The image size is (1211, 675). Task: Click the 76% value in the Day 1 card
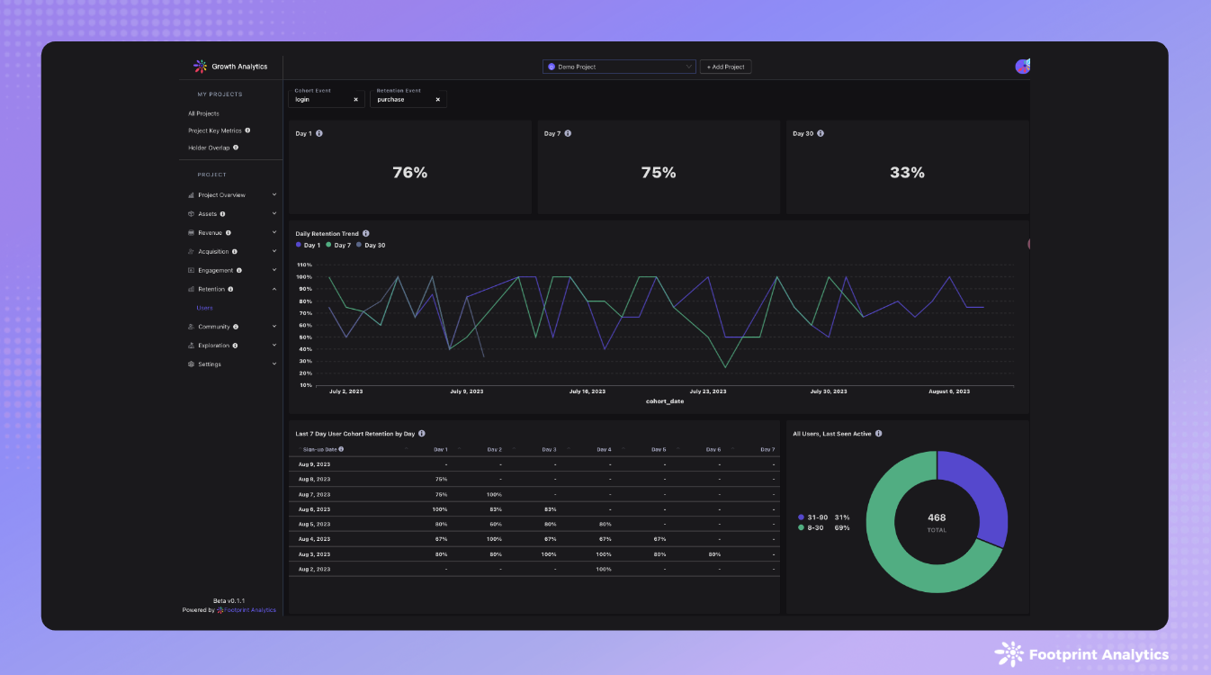[409, 173]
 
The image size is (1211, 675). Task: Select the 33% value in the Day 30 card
[906, 173]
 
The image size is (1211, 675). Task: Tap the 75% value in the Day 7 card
[658, 173]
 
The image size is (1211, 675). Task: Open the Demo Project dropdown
[619, 67]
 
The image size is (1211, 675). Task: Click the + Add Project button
[725, 67]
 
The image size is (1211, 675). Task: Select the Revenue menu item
[210, 232]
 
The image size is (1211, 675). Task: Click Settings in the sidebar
[210, 364]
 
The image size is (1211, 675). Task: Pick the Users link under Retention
[205, 308]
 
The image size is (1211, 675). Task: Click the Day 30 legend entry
[372, 246]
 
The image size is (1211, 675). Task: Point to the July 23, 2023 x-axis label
[707, 391]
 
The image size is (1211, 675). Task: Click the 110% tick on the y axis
[304, 265]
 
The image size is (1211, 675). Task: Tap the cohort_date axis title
[664, 401]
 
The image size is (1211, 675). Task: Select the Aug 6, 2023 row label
[316, 509]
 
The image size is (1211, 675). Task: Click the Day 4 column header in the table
[603, 449]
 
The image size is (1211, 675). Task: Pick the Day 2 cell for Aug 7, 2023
[494, 494]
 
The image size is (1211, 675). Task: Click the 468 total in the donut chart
[937, 517]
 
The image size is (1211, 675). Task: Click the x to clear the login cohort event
[355, 100]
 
